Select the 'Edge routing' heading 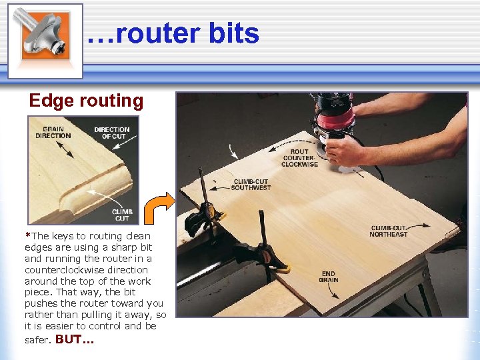coord(86,101)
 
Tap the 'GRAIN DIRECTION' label coord(53,133)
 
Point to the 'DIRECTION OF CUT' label coord(112,133)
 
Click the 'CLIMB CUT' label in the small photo coord(122,215)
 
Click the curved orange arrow coord(159,207)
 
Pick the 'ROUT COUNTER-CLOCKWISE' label coord(299,158)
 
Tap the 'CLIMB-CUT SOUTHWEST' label coord(251,185)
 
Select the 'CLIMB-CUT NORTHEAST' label coord(388,231)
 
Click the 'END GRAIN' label coord(329,277)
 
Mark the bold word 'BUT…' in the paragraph coord(75,339)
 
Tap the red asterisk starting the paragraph coord(27,235)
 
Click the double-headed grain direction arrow coord(65,149)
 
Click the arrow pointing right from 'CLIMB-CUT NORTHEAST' coord(418,226)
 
